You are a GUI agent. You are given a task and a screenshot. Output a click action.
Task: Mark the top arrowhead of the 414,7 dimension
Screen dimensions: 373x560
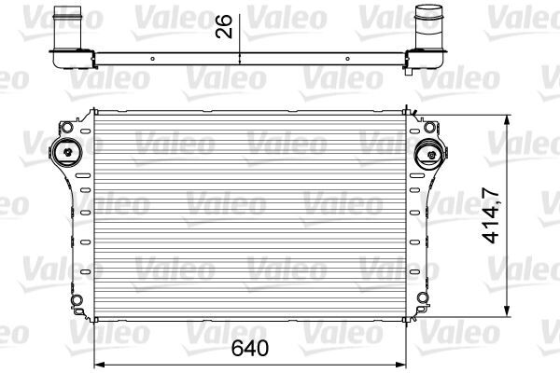point(507,118)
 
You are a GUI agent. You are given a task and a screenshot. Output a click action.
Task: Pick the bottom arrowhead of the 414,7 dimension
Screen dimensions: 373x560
point(507,314)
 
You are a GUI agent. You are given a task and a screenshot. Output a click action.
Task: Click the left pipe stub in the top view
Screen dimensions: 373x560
point(68,23)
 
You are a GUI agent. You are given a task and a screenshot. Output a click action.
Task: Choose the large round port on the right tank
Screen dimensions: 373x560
point(426,152)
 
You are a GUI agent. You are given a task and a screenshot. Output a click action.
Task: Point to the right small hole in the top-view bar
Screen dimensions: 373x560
point(346,58)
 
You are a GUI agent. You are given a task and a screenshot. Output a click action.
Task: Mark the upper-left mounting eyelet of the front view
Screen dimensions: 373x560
point(66,125)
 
